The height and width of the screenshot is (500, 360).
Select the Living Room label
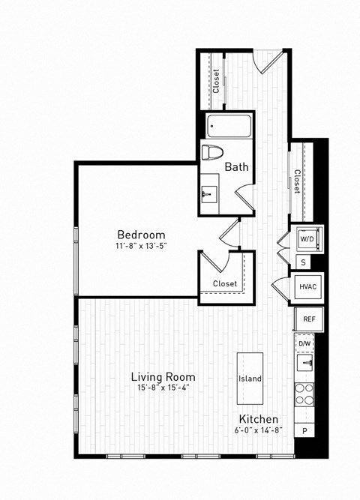[x=163, y=376]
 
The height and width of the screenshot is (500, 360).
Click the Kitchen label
[x=259, y=418]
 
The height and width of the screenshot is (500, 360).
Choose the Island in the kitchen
[x=250, y=379]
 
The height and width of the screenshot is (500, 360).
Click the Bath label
[x=237, y=168]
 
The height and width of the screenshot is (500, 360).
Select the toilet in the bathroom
[x=213, y=153]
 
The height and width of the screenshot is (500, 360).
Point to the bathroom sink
[x=210, y=195]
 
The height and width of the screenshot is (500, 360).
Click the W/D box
[x=308, y=238]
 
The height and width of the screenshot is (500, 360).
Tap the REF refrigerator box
[x=308, y=319]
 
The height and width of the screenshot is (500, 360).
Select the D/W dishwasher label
[x=305, y=344]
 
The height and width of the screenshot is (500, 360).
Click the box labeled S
[x=303, y=262]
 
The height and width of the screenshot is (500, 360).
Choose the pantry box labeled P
[x=305, y=430]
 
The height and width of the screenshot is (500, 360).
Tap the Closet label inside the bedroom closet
[x=224, y=284]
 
